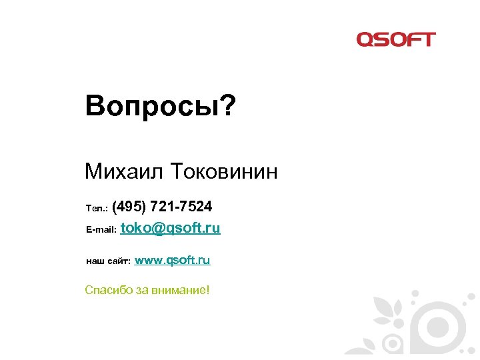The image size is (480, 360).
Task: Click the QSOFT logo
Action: coord(395,39)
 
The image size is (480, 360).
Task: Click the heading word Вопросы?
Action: coord(160,105)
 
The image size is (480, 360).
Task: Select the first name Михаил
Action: coord(125,172)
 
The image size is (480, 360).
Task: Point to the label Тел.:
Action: coord(98,208)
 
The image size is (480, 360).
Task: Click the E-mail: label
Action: coord(101,229)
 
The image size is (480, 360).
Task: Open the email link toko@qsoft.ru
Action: coord(171,228)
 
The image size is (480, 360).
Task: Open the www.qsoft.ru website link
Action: coord(173,260)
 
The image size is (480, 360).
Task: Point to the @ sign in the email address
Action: coord(158,229)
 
